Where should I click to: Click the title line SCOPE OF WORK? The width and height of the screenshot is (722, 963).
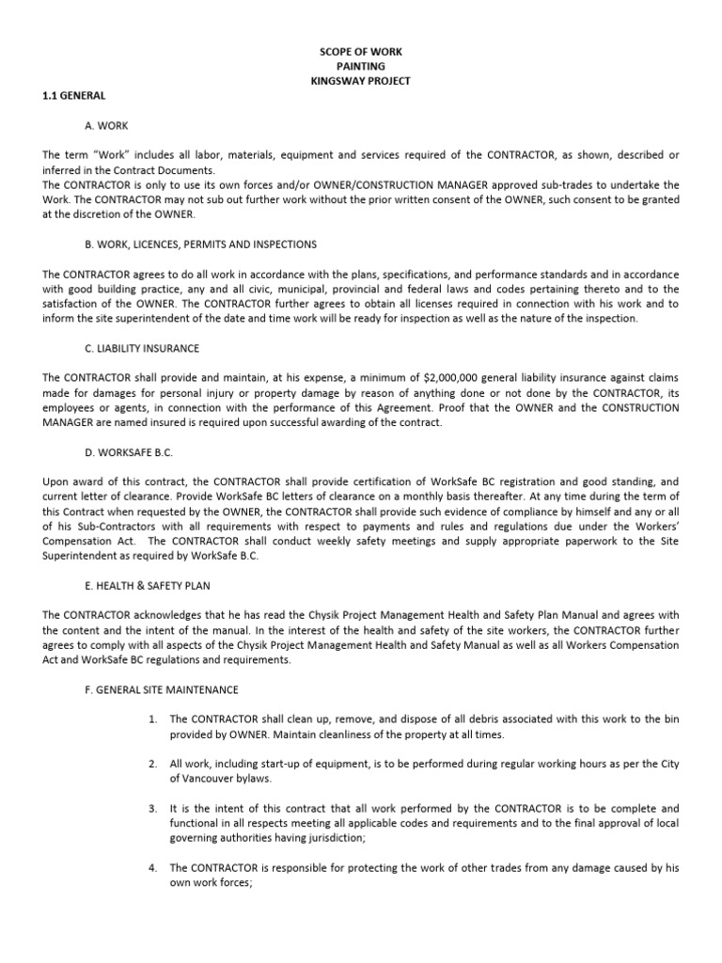point(361,51)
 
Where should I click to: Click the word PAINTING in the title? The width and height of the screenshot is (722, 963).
point(361,66)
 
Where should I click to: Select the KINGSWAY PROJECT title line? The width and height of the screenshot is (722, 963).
point(361,81)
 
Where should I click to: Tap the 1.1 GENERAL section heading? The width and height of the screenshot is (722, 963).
point(74,96)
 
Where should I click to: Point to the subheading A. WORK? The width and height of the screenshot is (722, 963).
point(106,125)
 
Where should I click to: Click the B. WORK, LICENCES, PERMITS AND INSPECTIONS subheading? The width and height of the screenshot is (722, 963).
point(200,245)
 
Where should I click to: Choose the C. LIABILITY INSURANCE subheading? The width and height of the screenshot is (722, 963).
point(142,348)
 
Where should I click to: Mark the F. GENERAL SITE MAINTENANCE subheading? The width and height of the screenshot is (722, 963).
point(162,689)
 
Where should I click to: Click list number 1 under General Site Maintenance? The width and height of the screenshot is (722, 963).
point(152,719)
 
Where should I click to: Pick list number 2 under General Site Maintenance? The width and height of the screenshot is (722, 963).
point(152,764)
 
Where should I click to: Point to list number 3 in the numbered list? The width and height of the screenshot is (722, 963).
point(152,809)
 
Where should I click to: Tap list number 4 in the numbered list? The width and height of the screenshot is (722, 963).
point(152,868)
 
